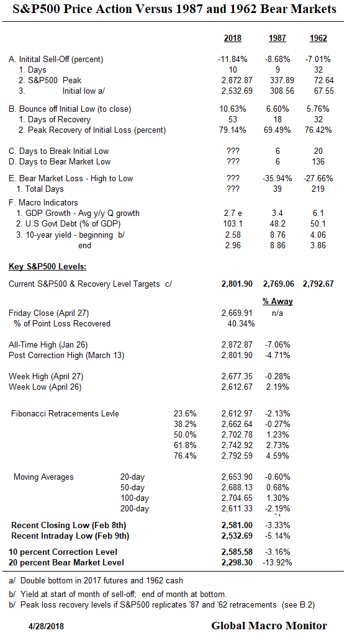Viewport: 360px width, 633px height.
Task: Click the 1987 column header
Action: [277, 38]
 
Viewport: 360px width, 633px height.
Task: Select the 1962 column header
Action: [318, 38]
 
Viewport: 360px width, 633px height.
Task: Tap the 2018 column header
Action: [233, 38]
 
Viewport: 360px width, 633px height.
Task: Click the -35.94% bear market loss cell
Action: [276, 178]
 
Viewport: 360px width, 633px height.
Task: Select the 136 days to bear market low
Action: [318, 162]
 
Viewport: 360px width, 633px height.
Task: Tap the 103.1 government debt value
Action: [233, 223]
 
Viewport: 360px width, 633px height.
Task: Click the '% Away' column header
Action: [277, 301]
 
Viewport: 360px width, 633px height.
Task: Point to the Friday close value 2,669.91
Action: [233, 313]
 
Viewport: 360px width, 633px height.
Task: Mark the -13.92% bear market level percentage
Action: [277, 562]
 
